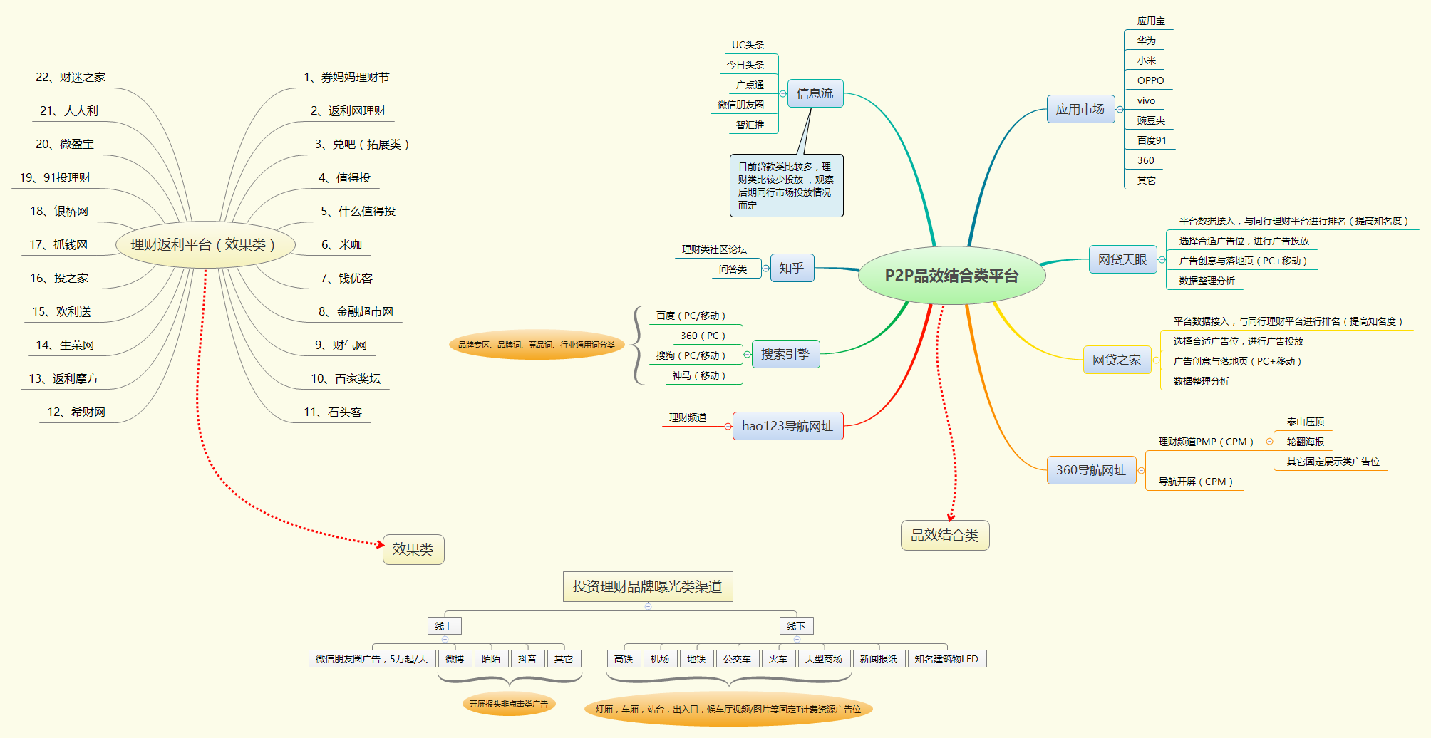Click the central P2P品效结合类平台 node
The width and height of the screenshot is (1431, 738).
[951, 276]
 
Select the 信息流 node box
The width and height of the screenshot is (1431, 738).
[815, 93]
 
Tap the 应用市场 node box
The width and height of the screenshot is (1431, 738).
[1080, 109]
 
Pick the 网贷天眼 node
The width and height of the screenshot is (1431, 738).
[1122, 260]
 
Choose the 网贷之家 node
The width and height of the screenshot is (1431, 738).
[1116, 360]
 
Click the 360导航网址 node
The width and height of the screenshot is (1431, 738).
[1090, 470]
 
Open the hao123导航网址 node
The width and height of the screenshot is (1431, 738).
[787, 426]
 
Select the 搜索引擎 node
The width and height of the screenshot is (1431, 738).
[785, 354]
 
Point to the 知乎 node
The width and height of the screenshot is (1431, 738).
[791, 268]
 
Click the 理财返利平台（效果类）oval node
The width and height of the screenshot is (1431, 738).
[202, 245]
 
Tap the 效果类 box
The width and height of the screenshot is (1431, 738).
[413, 549]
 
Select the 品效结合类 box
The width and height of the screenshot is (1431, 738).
[944, 535]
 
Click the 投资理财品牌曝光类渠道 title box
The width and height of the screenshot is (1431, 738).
[647, 586]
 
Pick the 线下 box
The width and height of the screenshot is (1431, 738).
[795, 626]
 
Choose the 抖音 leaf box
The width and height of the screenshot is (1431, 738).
[527, 659]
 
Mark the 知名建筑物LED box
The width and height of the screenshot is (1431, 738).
[946, 659]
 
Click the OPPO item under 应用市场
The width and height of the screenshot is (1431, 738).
[1150, 80]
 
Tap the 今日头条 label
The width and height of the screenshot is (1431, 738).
[745, 65]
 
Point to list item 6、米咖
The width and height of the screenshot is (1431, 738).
[341, 245]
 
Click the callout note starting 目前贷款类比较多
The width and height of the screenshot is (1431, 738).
[785, 186]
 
